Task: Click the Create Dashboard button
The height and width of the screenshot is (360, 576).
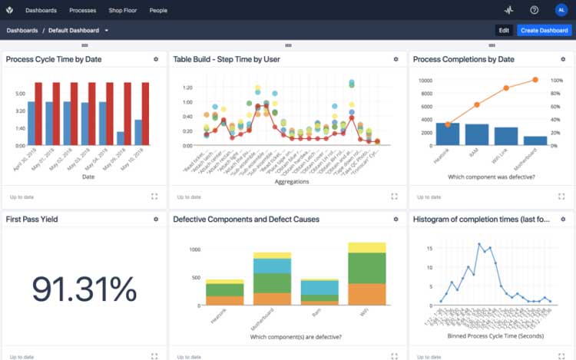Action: pyautogui.click(x=544, y=31)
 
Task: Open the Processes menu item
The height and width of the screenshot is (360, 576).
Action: pyautogui.click(x=82, y=11)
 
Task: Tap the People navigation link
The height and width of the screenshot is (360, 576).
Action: pyautogui.click(x=158, y=11)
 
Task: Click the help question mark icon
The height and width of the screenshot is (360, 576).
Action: pyautogui.click(x=535, y=10)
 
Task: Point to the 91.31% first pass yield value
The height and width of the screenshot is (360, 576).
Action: pyautogui.click(x=84, y=289)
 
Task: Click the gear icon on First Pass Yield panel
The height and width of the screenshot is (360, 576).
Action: pyautogui.click(x=156, y=219)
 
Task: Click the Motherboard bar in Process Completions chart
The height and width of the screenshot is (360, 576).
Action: pyautogui.click(x=535, y=140)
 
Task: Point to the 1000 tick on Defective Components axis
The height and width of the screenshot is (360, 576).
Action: pyautogui.click(x=194, y=249)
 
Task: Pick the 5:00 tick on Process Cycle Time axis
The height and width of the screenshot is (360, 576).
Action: pyautogui.click(x=20, y=94)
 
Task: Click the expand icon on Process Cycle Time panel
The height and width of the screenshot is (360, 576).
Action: pyautogui.click(x=154, y=197)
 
